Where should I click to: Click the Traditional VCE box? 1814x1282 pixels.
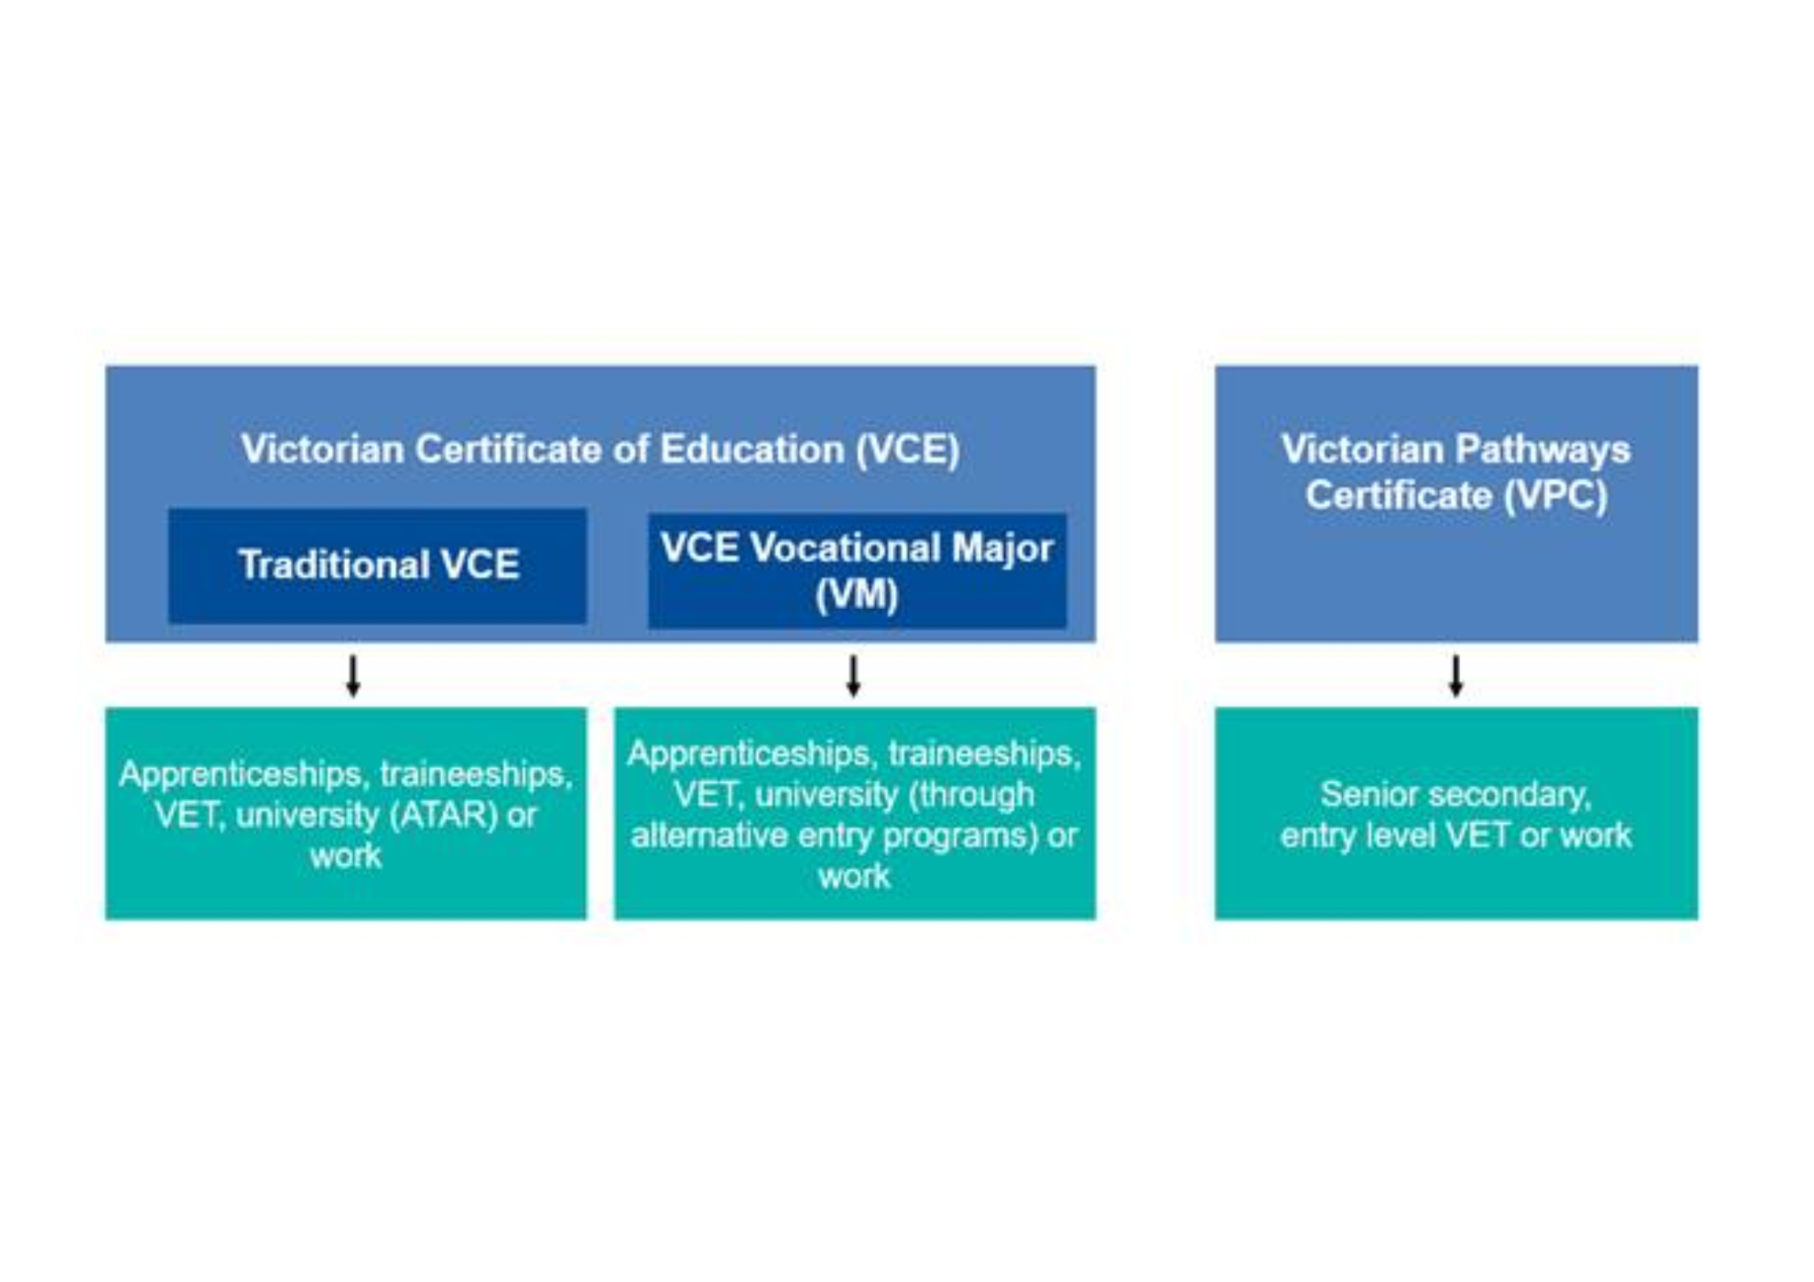pyautogui.click(x=377, y=565)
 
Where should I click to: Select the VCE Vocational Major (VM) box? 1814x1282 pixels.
pyautogui.click(x=857, y=571)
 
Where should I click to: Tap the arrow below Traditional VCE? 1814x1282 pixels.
pyautogui.click(x=353, y=675)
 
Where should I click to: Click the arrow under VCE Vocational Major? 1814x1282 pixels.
pyautogui.click(x=853, y=675)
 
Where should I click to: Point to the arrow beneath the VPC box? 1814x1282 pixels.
pyautogui.click(x=1456, y=675)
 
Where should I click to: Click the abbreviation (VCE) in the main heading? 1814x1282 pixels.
pyautogui.click(x=908, y=449)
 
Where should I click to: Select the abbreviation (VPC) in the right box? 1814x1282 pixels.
pyautogui.click(x=1556, y=495)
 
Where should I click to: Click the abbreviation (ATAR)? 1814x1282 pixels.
pyautogui.click(x=444, y=815)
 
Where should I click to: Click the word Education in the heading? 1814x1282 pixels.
pyautogui.click(x=752, y=449)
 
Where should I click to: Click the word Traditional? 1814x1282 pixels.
pyautogui.click(x=334, y=564)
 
